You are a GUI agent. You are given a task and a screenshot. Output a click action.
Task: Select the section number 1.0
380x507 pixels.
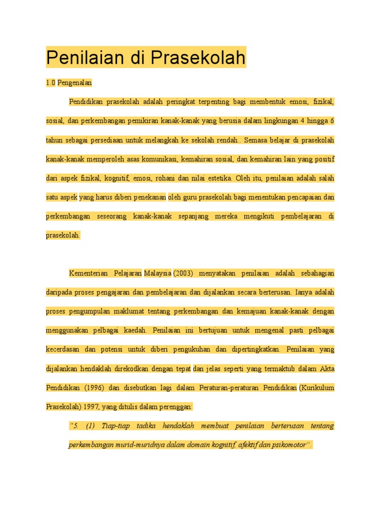pyautogui.click(x=50, y=83)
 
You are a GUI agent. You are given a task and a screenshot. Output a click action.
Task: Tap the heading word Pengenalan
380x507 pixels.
pyautogui.click(x=75, y=83)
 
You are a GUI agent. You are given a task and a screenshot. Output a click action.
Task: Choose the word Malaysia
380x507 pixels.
pyautogui.click(x=158, y=273)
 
